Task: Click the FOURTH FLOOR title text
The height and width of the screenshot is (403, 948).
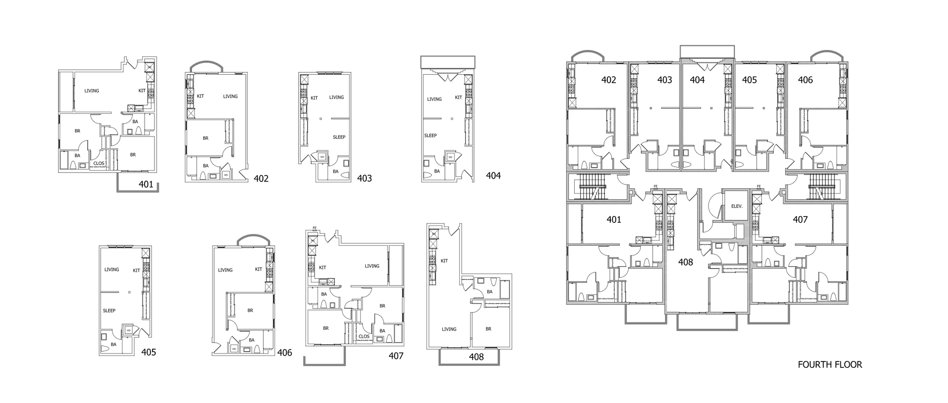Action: click(829, 365)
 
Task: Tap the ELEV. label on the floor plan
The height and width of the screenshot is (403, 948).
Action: click(737, 206)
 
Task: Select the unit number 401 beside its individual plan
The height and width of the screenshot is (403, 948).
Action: click(146, 184)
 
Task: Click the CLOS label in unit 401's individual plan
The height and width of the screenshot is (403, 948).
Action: click(99, 163)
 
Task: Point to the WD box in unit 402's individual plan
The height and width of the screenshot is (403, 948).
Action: click(226, 175)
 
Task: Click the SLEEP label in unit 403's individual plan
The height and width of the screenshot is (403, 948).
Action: click(339, 137)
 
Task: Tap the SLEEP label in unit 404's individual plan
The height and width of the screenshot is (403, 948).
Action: click(431, 135)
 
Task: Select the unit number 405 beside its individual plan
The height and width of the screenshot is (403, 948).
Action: click(149, 352)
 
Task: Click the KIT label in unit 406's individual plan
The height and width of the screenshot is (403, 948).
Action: click(258, 269)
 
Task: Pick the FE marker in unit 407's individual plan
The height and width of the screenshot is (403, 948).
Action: click(315, 228)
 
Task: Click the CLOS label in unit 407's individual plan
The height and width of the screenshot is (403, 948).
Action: click(364, 337)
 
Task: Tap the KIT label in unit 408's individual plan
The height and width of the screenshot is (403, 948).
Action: click(444, 261)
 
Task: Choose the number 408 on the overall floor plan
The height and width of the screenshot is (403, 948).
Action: click(685, 262)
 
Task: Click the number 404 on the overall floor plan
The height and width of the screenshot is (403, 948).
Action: click(697, 80)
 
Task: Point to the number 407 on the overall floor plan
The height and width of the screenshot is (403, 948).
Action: click(800, 220)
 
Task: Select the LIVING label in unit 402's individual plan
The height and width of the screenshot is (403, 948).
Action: click(230, 96)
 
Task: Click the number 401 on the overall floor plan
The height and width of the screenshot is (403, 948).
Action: click(614, 220)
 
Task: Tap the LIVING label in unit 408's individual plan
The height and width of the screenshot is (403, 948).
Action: click(449, 329)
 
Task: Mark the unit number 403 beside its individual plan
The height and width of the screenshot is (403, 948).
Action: click(364, 179)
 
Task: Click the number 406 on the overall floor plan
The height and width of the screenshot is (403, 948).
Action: click(805, 80)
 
